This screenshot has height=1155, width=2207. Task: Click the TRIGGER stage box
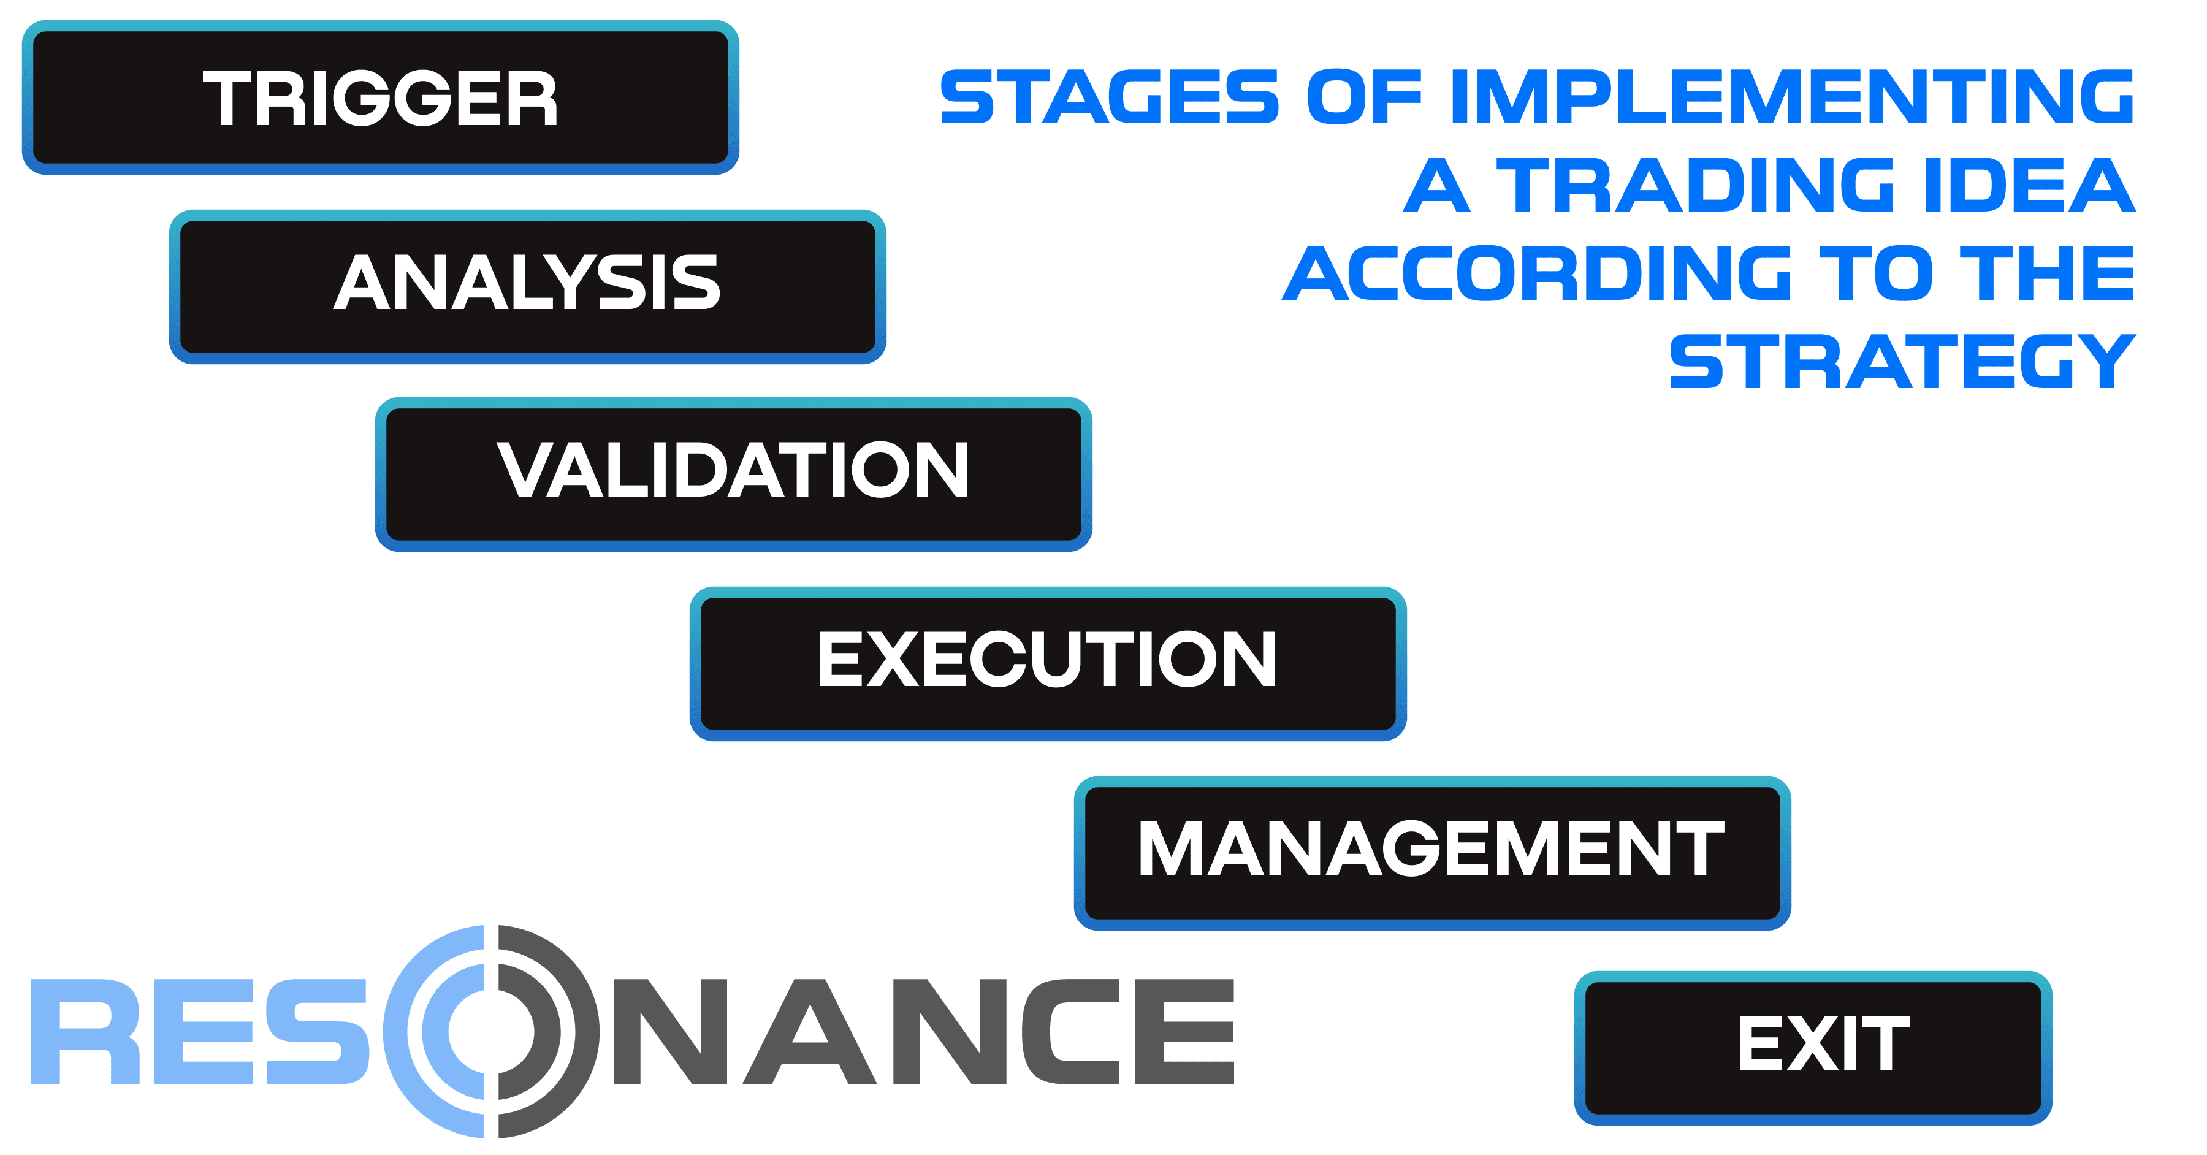[x=380, y=97]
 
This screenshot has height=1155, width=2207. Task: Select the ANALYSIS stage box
[x=527, y=286]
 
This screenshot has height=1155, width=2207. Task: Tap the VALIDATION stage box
[x=733, y=474]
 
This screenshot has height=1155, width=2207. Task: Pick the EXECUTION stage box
[x=1047, y=663]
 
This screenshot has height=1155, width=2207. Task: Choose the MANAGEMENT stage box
[x=1431, y=853]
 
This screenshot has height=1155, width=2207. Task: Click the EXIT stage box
[x=1813, y=1047]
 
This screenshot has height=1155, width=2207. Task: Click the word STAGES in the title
[x=1110, y=97]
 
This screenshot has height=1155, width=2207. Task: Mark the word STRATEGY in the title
[x=1902, y=362]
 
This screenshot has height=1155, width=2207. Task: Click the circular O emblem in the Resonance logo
[x=491, y=1032]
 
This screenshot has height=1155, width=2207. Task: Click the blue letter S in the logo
[x=317, y=1032]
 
